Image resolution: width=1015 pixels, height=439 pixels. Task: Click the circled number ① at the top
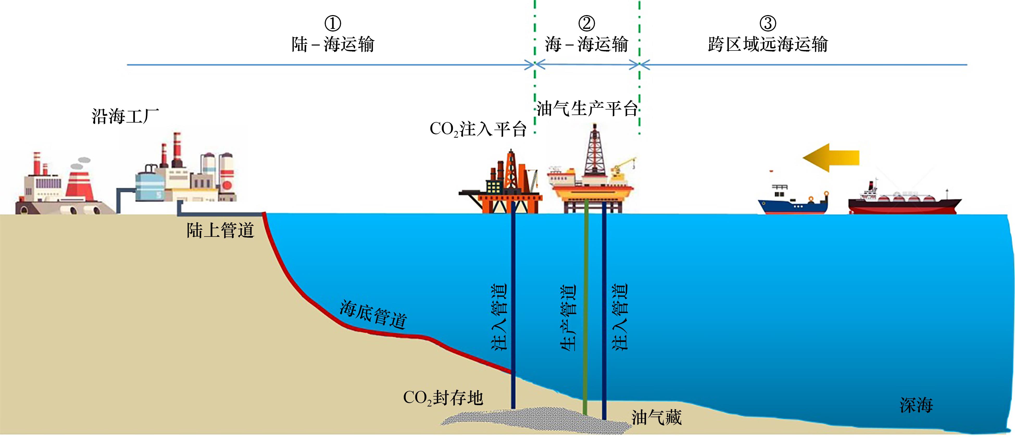pos(333,24)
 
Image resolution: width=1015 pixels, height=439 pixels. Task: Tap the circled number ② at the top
pos(586,24)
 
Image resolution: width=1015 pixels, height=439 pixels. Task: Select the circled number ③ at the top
pos(768,24)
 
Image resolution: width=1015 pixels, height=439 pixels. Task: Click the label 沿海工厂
pos(125,117)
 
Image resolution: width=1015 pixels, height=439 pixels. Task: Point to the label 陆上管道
pos(220,230)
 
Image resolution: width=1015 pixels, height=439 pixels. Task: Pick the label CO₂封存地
pos(443,398)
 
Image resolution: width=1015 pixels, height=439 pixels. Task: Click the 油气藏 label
pos(656,417)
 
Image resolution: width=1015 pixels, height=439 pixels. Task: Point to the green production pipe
pos(586,307)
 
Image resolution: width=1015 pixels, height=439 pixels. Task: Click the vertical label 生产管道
pos(568,317)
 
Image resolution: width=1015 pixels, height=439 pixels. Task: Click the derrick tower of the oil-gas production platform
pos(594,154)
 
